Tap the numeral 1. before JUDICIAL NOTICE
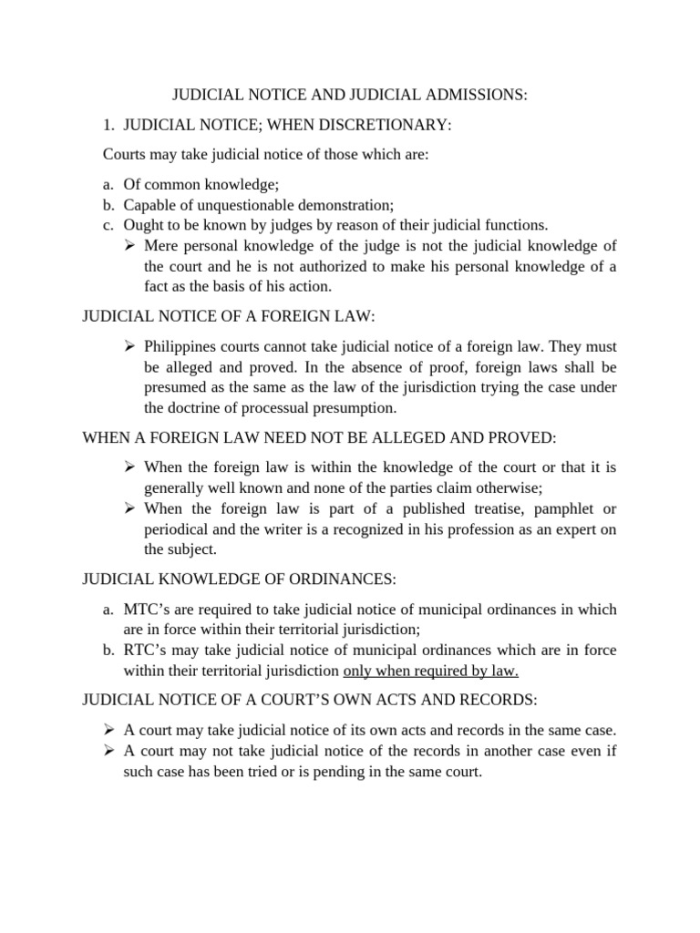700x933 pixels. coord(108,124)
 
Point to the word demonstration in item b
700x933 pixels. coord(345,204)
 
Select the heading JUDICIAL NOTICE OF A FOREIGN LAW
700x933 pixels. coord(229,316)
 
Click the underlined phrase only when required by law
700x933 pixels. coord(430,672)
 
